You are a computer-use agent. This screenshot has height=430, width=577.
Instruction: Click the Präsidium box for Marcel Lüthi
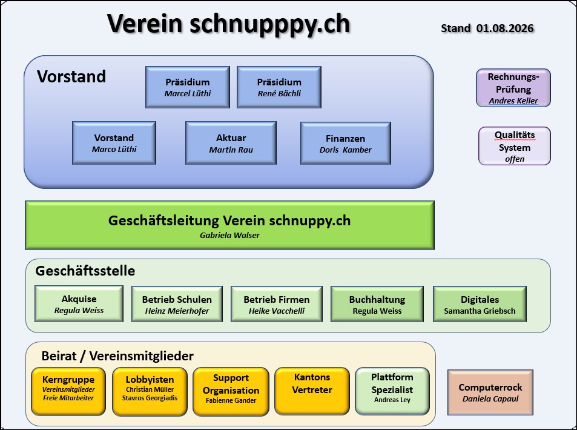(188, 87)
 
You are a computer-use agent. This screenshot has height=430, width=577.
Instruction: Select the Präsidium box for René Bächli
(279, 87)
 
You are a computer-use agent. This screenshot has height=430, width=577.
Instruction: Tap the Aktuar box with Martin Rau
(231, 143)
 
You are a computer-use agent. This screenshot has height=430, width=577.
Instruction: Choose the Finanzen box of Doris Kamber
(346, 143)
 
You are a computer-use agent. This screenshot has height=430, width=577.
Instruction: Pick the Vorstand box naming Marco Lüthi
(114, 143)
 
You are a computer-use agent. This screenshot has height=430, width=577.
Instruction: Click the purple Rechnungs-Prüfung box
(513, 88)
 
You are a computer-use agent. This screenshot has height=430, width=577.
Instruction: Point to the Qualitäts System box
(515, 146)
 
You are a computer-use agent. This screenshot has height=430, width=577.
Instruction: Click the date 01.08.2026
(505, 28)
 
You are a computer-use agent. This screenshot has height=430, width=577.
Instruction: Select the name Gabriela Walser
(229, 235)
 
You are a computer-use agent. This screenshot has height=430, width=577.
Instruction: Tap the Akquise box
(79, 303)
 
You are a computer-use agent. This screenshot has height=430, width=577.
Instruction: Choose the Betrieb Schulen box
(177, 304)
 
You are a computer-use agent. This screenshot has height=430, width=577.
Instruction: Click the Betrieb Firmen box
(277, 304)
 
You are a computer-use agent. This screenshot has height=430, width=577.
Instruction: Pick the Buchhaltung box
(377, 304)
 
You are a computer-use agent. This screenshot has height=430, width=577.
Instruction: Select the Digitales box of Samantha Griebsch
(480, 304)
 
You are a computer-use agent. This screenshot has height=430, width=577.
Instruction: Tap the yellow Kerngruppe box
(68, 391)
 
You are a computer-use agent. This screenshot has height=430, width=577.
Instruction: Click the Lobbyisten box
(150, 392)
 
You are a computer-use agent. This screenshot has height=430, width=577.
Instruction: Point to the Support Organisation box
(231, 392)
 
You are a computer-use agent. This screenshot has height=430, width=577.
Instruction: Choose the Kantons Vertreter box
(312, 391)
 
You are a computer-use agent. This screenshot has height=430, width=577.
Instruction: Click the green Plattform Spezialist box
(392, 391)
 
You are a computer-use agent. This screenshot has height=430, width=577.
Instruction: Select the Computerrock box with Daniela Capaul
(490, 392)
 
